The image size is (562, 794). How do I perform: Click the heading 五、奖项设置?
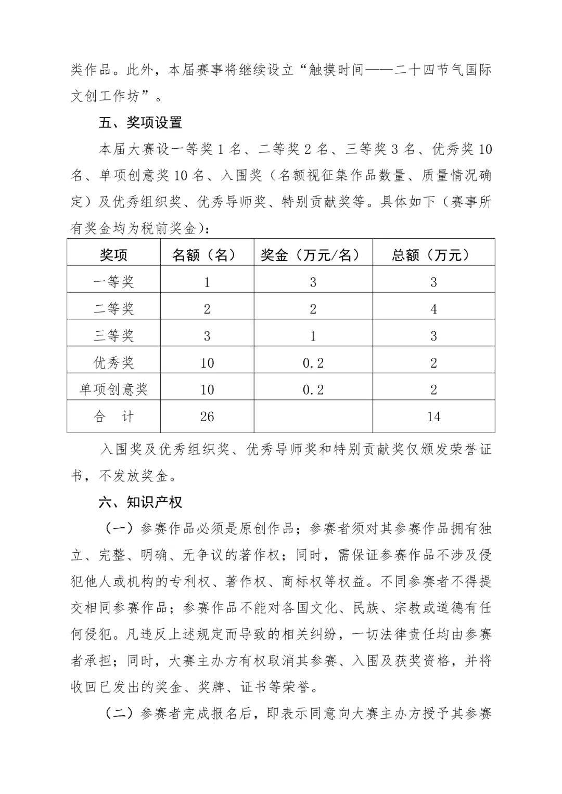pyautogui.click(x=140, y=123)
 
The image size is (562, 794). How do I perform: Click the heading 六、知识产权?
pyautogui.click(x=140, y=502)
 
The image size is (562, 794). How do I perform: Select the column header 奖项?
pyautogui.click(x=113, y=255)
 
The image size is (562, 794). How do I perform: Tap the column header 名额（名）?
pyautogui.click(x=207, y=255)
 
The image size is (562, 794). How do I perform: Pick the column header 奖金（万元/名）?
pyautogui.click(x=313, y=255)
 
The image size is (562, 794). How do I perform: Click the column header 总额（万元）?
pyautogui.click(x=433, y=255)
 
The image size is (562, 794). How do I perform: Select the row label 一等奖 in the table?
pyautogui.click(x=113, y=282)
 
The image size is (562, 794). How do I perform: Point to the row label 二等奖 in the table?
pyautogui.click(x=113, y=309)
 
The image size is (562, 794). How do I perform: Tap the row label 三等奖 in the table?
pyautogui.click(x=113, y=336)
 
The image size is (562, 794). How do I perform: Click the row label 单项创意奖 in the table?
pyautogui.click(x=113, y=389)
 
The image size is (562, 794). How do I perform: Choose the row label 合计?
pyautogui.click(x=113, y=416)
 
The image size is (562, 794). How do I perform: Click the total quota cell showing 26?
pyautogui.click(x=207, y=416)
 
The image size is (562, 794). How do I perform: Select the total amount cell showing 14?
pyautogui.click(x=433, y=416)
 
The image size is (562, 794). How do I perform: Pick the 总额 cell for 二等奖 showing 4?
pyautogui.click(x=433, y=309)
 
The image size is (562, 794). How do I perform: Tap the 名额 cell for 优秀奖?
pyautogui.click(x=207, y=363)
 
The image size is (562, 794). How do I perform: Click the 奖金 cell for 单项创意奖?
pyautogui.click(x=313, y=389)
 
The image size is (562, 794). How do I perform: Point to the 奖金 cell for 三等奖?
pyautogui.click(x=313, y=336)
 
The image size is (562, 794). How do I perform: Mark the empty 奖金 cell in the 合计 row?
pyautogui.click(x=313, y=416)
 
